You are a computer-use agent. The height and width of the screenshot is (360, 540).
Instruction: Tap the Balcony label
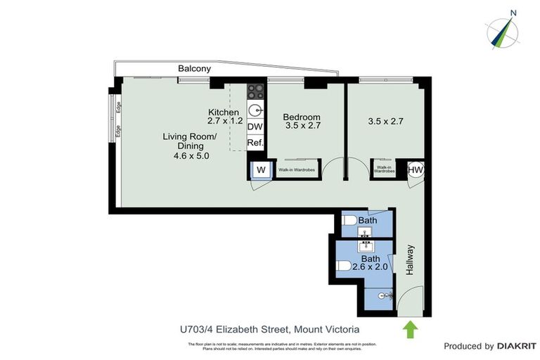195,69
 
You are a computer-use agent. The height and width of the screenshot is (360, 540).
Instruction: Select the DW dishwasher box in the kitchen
255,127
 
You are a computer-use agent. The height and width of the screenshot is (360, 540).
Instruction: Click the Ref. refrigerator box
255,143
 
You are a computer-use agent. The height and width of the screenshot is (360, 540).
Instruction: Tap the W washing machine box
260,169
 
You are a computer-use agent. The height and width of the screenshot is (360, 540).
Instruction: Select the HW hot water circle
416,169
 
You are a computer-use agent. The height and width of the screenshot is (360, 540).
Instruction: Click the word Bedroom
302,117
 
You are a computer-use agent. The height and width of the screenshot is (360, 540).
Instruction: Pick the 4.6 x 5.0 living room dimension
191,156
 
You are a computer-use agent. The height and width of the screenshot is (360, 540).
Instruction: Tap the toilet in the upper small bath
349,221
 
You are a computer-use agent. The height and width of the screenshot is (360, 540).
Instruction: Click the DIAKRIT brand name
517,346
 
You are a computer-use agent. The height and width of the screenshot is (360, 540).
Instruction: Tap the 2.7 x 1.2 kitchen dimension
225,121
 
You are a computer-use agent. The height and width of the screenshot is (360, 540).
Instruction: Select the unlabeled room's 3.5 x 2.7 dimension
385,121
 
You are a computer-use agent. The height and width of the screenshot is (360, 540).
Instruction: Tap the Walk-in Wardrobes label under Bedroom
296,170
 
